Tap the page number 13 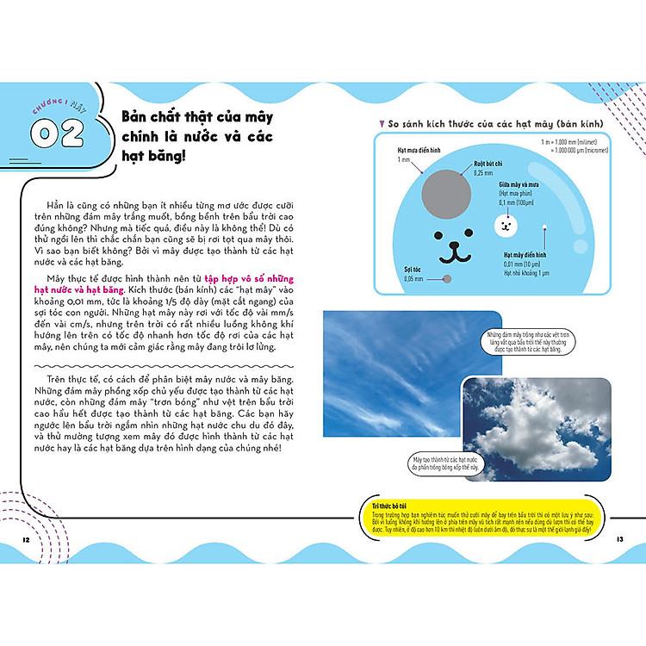[x=619, y=539]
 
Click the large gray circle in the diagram [x=448, y=189]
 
